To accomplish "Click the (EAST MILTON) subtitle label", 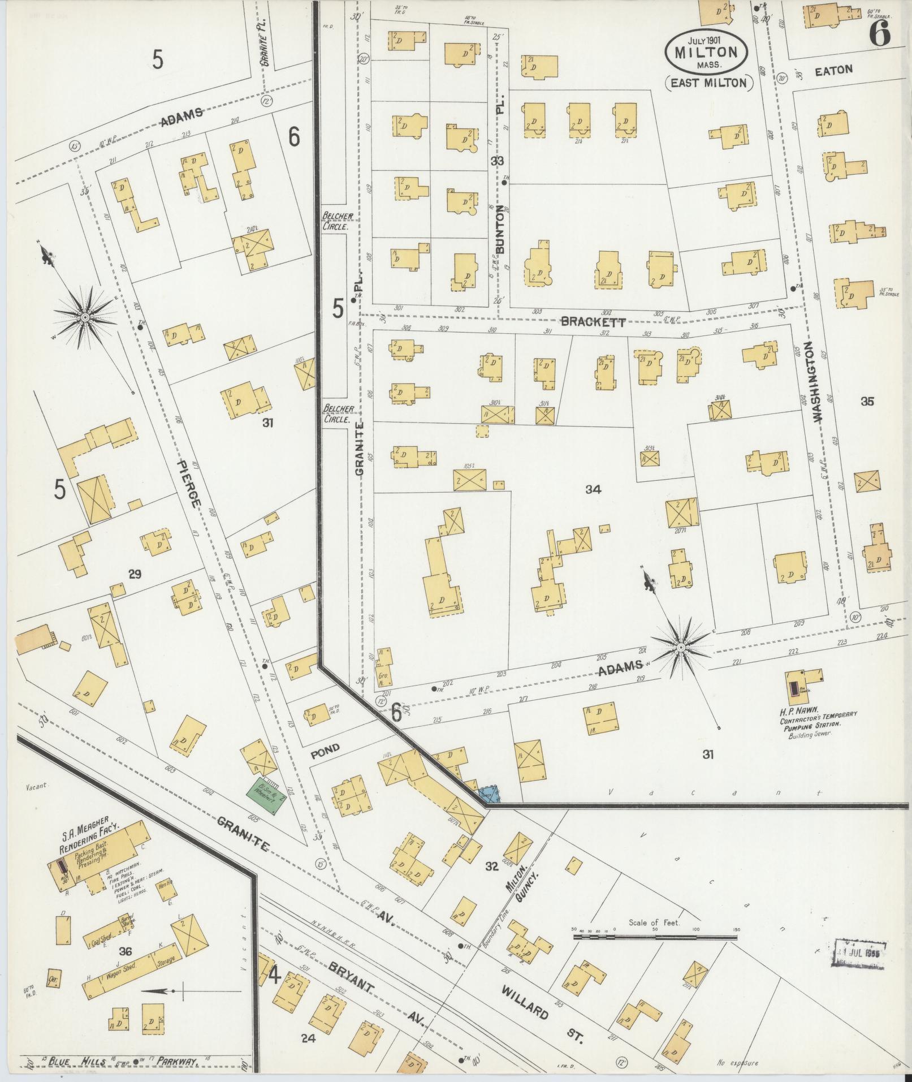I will (708, 83).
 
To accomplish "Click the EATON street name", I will (833, 70).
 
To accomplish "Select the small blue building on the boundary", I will (489, 794).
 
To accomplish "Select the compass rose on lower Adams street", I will (681, 646).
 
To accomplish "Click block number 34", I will (593, 490).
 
